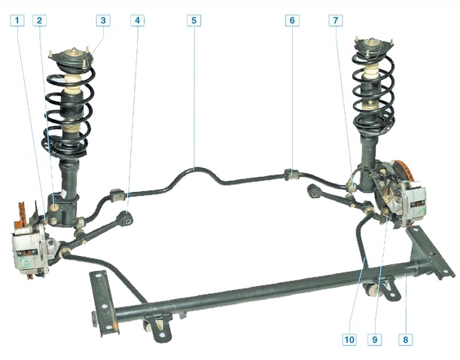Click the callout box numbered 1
tap(17, 20)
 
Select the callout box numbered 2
tap(39, 20)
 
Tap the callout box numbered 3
tap(103, 20)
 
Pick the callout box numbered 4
tap(137, 20)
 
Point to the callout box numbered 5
tap(194, 20)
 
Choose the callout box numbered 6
tap(292, 20)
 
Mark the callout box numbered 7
tap(336, 20)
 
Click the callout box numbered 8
tap(406, 340)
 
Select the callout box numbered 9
tap(374, 340)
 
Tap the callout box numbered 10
tap(349, 340)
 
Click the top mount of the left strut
tap(72, 59)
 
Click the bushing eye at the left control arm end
tap(127, 218)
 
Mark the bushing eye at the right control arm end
tap(315, 191)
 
